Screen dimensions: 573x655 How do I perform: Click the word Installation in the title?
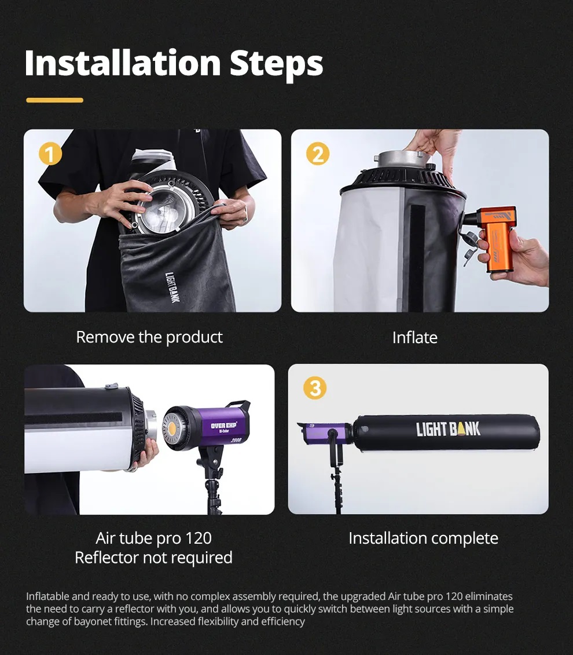(x=123, y=63)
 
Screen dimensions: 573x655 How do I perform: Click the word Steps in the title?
(x=277, y=65)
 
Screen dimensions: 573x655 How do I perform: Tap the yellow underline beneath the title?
(x=54, y=100)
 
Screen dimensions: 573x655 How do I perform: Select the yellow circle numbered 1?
(x=50, y=154)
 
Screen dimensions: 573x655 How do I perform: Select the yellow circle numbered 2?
(x=317, y=154)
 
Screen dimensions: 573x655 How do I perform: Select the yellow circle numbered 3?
(x=315, y=388)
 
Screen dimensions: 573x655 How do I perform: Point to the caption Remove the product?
(x=149, y=337)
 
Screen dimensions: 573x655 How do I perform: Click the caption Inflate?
(x=415, y=337)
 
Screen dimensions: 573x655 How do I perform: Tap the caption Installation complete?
(x=423, y=538)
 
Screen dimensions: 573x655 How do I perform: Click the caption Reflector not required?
(x=153, y=558)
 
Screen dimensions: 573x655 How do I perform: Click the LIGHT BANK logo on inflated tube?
(x=449, y=430)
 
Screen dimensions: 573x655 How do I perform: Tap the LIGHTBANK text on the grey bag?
(x=172, y=288)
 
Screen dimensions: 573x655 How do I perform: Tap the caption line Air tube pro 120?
(x=153, y=538)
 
